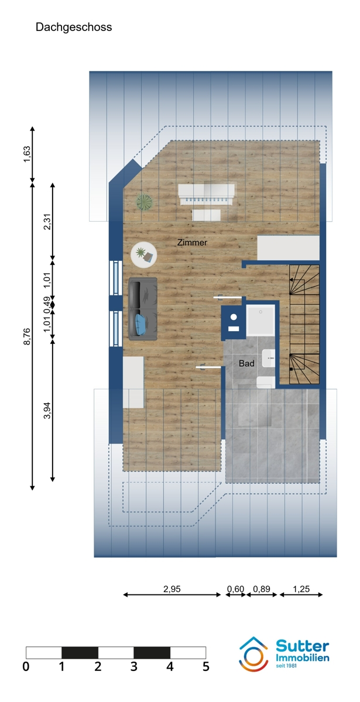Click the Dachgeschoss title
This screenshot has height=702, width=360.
coord(74,27)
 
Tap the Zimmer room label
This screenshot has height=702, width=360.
coord(192,243)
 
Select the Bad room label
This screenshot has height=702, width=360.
coord(246,363)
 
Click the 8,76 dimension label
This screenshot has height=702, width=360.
coord(27,336)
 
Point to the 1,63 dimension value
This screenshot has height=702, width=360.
coord(27,154)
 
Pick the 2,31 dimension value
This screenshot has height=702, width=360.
coord(47,222)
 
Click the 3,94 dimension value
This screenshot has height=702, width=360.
coord(47,410)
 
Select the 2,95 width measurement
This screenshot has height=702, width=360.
coord(172,589)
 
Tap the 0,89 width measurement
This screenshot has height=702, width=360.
coord(262,589)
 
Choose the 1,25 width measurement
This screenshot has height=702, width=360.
coord(301,589)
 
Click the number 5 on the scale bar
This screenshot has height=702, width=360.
coord(205,666)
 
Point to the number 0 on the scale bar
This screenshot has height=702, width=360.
coord(26,666)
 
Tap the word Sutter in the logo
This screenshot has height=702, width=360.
coord(302,646)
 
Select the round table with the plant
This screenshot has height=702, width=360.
coord(144,255)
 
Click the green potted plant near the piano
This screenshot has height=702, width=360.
coord(144,202)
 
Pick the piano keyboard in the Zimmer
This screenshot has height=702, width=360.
coord(206,195)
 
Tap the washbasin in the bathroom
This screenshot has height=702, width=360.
coord(269,358)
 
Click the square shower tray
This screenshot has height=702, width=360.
coord(260,320)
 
